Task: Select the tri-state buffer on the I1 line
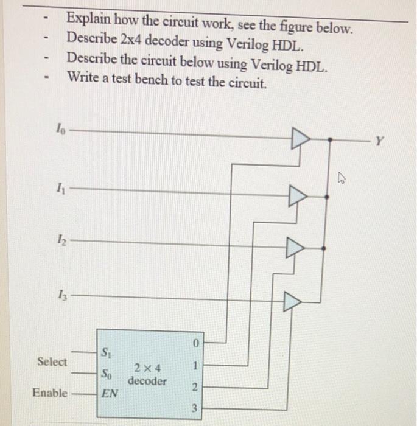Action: tap(297, 197)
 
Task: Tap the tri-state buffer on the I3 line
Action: tap(292, 300)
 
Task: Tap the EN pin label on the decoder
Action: tap(109, 394)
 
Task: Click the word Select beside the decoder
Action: tap(52, 361)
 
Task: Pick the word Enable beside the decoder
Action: tap(50, 393)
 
